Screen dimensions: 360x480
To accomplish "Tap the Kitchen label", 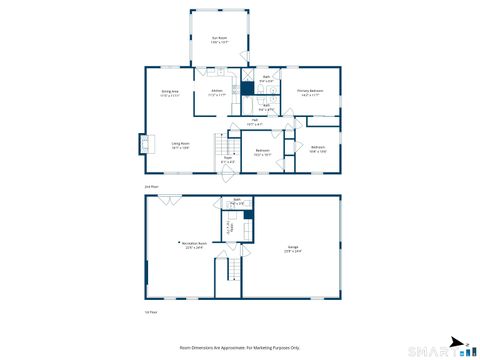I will click(217, 94).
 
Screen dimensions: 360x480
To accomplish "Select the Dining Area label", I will click(169, 94).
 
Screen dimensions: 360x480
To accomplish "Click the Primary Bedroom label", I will click(310, 94).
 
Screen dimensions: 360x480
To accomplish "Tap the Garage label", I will click(294, 247).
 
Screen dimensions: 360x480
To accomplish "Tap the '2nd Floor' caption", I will click(152, 186).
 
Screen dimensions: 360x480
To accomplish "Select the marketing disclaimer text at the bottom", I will click(239, 347).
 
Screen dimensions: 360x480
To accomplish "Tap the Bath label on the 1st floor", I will click(237, 202).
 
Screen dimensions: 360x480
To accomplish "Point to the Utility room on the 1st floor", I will click(230, 227).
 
